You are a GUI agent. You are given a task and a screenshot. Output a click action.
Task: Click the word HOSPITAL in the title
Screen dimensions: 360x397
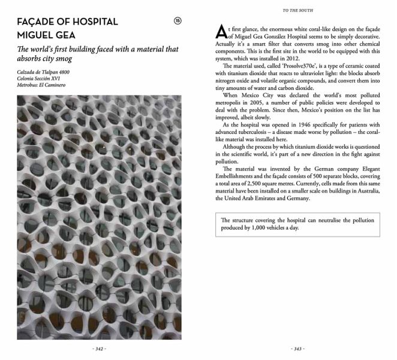click(91, 22)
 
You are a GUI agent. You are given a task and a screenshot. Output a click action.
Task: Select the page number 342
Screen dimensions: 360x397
click(99, 349)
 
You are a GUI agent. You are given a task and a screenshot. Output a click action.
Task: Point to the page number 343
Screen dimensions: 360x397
click(297, 349)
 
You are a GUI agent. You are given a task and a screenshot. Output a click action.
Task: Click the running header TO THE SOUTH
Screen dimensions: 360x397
click(298, 10)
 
